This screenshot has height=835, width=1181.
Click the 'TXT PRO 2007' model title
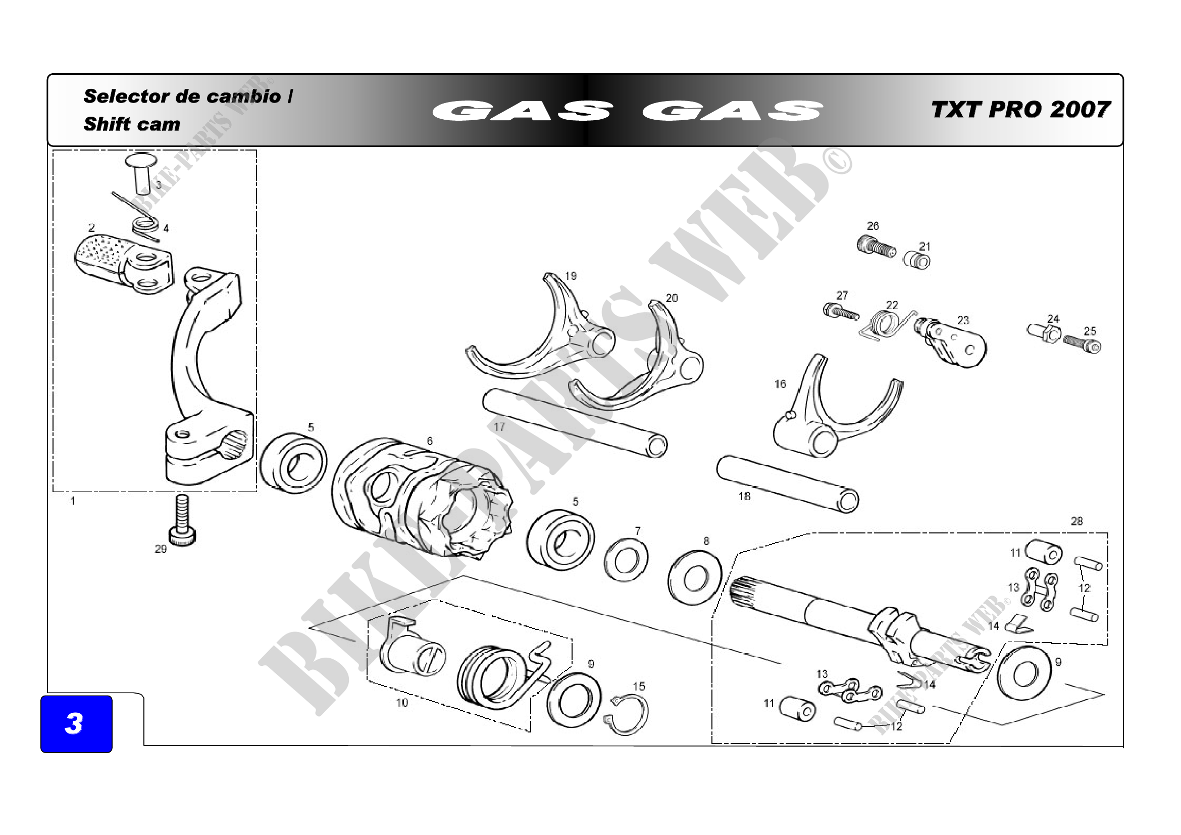coord(1020,110)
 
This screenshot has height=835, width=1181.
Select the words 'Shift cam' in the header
coord(132,124)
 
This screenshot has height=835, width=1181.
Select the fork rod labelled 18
coord(787,483)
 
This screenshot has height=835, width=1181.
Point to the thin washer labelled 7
coord(626,559)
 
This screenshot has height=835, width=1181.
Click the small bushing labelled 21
coord(917,261)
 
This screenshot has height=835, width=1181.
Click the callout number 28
coord(1076,521)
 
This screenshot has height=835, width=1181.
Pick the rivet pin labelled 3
coord(140,171)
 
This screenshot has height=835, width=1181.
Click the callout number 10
coord(402,703)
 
